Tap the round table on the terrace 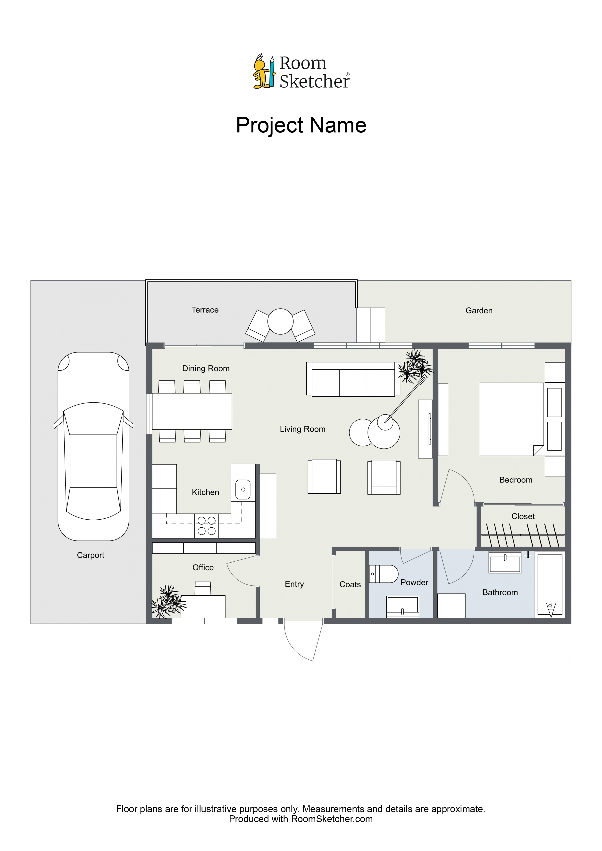(280, 321)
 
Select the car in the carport (93, 446)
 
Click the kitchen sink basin (243, 489)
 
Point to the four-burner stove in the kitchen (207, 526)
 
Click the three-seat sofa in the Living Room (353, 379)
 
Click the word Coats (350, 584)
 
